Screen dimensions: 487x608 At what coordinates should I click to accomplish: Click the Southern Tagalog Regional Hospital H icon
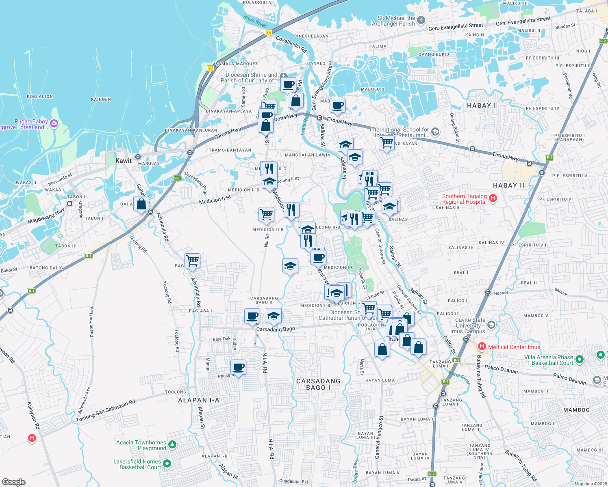point(493,198)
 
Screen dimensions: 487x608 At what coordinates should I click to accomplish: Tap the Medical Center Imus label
point(514,347)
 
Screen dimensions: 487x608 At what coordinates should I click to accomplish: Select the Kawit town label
point(124,161)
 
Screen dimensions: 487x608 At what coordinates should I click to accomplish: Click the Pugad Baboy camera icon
point(54,124)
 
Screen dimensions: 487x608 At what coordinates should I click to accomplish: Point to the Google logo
point(13,482)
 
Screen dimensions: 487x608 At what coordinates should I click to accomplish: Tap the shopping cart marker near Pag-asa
point(192,261)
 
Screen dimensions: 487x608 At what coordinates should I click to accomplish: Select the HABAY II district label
point(508,185)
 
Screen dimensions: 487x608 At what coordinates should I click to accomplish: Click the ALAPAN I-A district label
point(199,400)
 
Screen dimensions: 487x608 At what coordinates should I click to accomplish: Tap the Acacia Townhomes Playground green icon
point(172,445)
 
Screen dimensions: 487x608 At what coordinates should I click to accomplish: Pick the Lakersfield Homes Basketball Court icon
point(167,463)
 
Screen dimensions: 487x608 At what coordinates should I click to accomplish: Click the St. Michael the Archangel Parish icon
point(421,20)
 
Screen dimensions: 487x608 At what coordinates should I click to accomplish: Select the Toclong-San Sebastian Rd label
point(105,411)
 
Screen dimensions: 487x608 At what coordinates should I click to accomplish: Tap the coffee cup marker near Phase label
point(239,367)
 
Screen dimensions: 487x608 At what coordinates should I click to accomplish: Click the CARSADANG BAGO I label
point(318,384)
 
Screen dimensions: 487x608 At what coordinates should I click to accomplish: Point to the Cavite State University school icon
point(491,325)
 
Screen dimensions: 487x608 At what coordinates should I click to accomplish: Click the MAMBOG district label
point(576,410)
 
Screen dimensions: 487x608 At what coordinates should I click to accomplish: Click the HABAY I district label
point(481,106)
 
